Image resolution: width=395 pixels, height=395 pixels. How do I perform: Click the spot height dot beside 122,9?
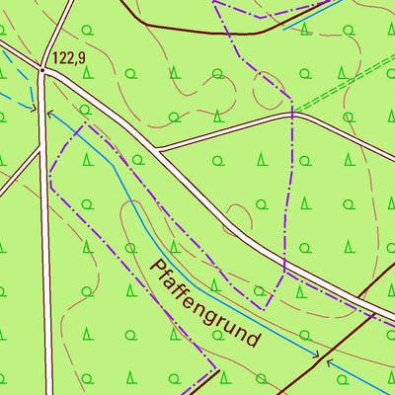tap(43, 70)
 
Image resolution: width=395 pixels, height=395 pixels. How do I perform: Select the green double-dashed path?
tap(346, 84)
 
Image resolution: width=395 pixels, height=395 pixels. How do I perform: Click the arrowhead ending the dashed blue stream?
tap(34, 106)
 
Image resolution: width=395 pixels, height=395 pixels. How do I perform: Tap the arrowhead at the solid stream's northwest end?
tap(49, 113)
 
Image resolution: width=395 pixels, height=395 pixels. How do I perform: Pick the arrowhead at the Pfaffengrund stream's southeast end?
tap(315, 354)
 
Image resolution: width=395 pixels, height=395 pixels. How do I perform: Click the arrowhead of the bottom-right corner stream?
tap(330, 362)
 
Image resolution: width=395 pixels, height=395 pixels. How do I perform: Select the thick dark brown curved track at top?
tap(197, 30)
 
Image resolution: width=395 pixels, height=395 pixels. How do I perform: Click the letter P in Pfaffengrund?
tap(154, 266)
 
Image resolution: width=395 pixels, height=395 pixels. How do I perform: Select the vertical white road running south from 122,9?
tap(44, 247)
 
